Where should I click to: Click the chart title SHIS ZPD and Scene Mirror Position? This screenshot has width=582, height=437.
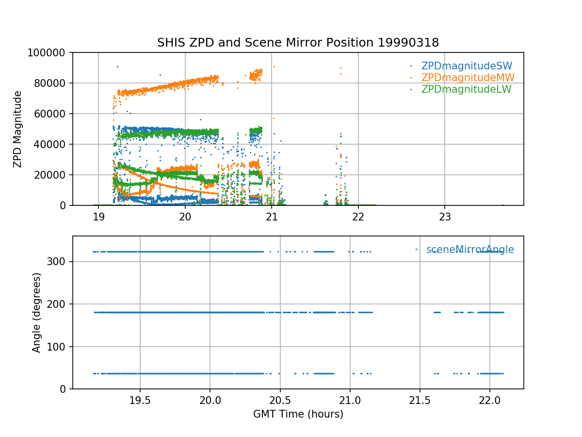(x=298, y=43)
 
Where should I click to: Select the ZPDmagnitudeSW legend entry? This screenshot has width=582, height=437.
(x=467, y=66)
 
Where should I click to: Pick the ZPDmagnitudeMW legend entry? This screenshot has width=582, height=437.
(x=468, y=78)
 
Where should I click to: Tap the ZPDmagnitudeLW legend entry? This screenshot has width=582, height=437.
(x=466, y=89)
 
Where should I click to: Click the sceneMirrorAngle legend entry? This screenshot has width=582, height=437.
(x=469, y=250)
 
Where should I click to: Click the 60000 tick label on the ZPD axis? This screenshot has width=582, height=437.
(x=53, y=114)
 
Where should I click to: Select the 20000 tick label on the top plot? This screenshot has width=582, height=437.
(x=53, y=175)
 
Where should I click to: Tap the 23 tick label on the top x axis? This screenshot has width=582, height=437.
(x=445, y=217)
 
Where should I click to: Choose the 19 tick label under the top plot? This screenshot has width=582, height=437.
(x=98, y=217)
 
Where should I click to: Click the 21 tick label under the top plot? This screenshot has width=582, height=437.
(x=272, y=217)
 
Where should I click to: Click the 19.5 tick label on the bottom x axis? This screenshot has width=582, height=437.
(x=140, y=401)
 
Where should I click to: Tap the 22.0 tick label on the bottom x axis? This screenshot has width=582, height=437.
(x=489, y=401)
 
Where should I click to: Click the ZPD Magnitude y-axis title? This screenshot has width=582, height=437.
(x=18, y=129)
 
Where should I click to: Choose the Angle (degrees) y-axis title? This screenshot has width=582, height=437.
(x=37, y=312)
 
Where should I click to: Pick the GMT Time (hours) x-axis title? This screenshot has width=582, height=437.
(x=298, y=414)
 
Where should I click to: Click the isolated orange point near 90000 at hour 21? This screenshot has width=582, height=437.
(x=274, y=67)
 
